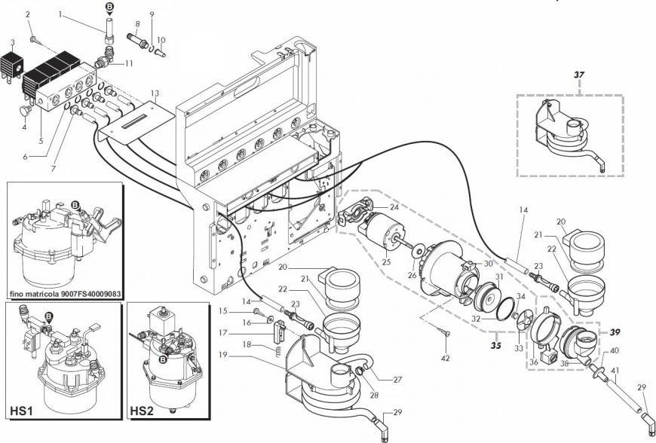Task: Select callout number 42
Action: click(446, 357)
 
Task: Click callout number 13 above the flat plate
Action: click(155, 93)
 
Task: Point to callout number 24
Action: click(394, 207)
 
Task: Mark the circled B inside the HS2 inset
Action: click(161, 361)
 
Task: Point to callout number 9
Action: click(151, 14)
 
